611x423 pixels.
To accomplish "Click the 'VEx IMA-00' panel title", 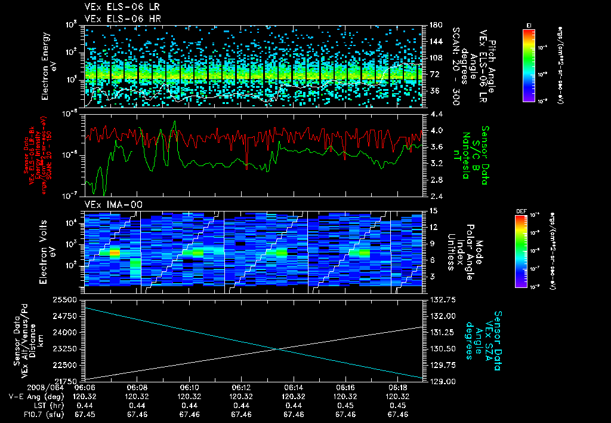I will (x=110, y=204).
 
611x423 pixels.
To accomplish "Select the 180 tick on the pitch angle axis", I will (x=434, y=25).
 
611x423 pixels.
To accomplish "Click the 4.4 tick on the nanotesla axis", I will (x=436, y=114).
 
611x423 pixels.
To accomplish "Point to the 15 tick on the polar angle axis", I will (x=433, y=211).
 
